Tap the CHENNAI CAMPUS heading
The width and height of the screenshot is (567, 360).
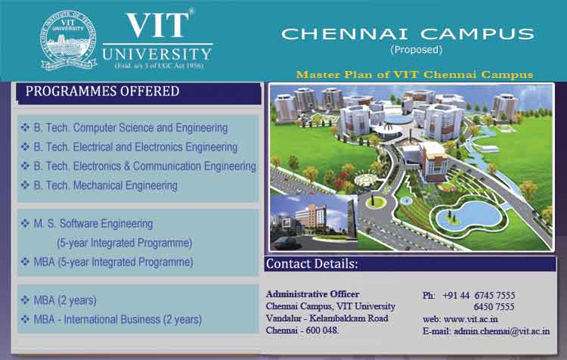coord(407,34)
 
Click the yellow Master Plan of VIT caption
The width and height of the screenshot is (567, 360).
coord(414,75)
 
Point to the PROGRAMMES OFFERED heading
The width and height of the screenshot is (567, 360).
coord(102,92)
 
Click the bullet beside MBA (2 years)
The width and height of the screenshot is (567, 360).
coord(25,300)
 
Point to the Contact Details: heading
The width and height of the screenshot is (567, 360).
coord(311,264)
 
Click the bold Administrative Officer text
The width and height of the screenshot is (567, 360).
coord(313,294)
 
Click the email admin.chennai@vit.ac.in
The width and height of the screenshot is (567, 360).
coord(501,331)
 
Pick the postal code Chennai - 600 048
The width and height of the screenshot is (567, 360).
coord(302,331)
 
